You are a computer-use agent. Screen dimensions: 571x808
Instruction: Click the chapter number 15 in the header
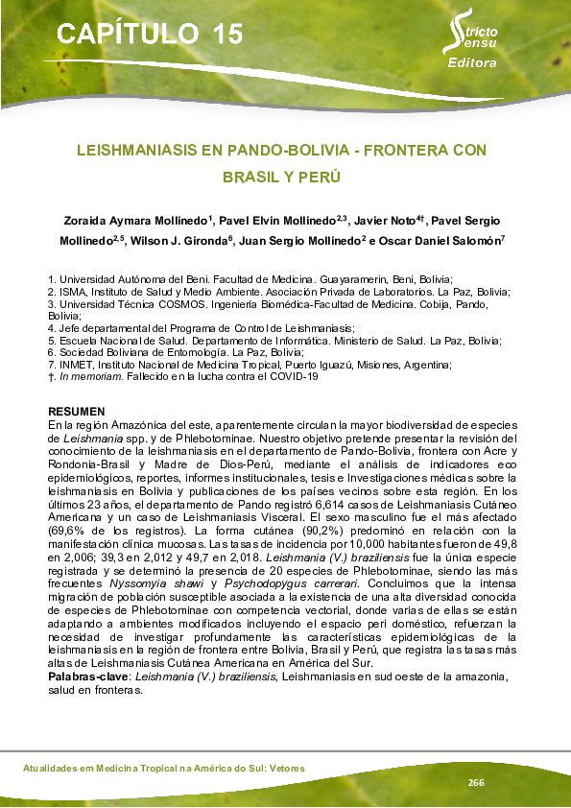coord(225,35)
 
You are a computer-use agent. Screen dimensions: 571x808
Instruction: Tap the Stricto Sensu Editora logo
coord(471,43)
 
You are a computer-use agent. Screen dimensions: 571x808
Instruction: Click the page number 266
coord(476,783)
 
